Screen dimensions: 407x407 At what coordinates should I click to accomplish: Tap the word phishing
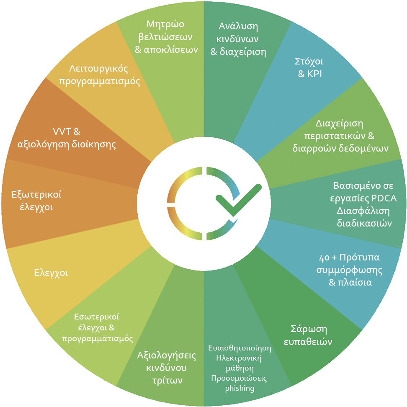pos(240,388)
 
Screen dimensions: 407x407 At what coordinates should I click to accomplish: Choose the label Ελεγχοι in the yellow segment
pos(51,273)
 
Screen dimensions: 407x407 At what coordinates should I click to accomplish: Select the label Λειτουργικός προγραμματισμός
pos(99,75)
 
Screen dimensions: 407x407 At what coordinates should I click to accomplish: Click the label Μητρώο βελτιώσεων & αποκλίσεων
pos(166,37)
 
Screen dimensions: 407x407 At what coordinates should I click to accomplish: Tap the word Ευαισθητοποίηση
pos(240,348)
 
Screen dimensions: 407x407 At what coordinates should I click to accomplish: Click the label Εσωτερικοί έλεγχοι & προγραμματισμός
pos(97,327)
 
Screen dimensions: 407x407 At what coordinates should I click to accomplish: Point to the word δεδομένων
pos(366,148)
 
